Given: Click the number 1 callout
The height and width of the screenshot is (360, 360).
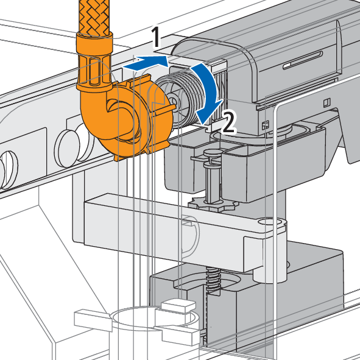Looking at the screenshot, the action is (156, 37).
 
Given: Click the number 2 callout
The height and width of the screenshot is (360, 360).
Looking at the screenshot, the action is (228, 122).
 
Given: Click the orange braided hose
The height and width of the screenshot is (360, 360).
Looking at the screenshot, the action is (94, 17).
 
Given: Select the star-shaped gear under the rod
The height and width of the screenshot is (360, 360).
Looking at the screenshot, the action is (212, 204).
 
